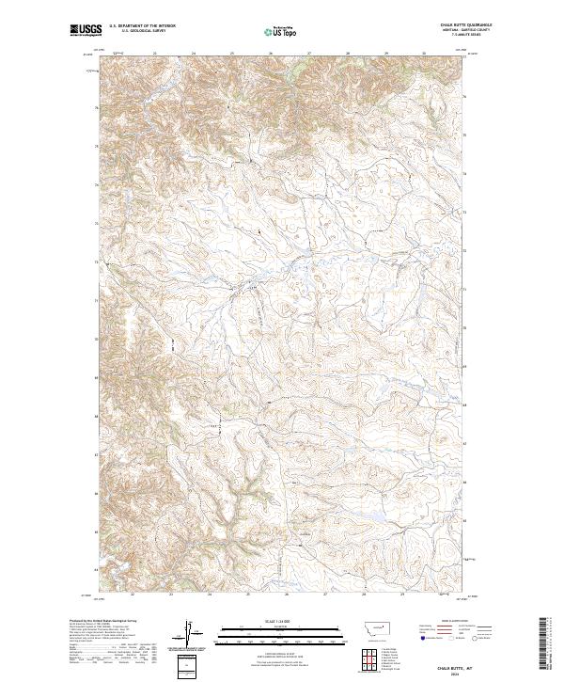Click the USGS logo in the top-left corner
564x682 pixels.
[86, 31]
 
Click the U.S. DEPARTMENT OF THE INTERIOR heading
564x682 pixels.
[142, 26]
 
